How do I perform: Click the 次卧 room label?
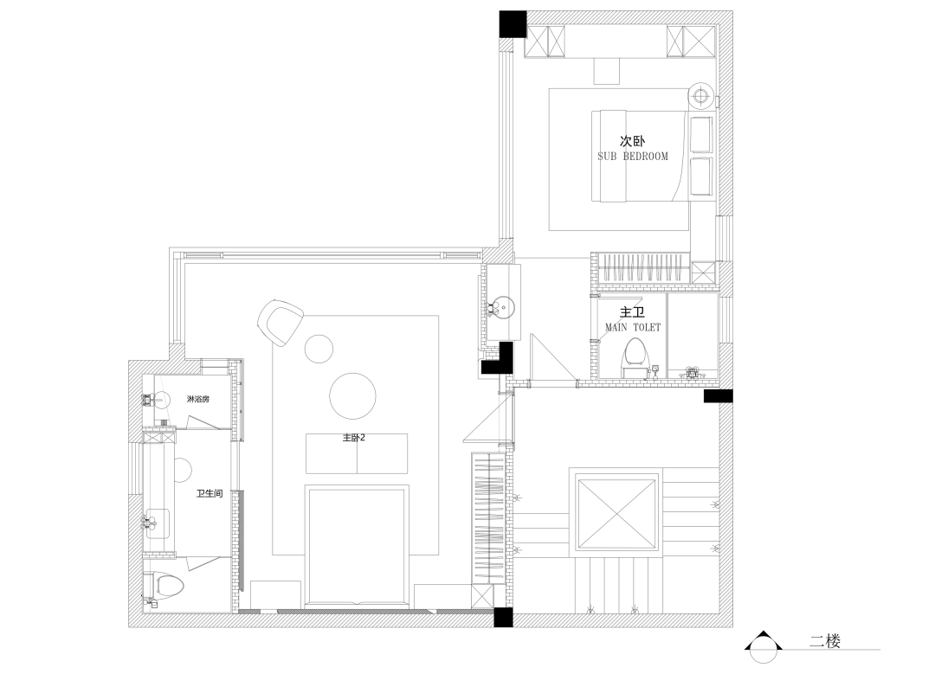point(633,141)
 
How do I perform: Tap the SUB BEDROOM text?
point(633,157)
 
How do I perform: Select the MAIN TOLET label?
point(633,327)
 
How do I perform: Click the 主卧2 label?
point(353,438)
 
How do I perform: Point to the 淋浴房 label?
point(198,399)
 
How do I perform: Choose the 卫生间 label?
point(210,493)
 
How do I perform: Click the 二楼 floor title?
point(825,641)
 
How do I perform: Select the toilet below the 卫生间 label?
point(164,586)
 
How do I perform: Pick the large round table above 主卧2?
point(353,396)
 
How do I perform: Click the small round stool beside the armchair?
point(319,349)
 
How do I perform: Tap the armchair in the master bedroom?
point(280,323)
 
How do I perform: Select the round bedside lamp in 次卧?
point(702,95)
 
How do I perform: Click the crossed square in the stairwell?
point(616,513)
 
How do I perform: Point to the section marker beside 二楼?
point(764,646)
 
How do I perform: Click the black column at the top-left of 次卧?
point(513,24)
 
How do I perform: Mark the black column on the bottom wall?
point(503,618)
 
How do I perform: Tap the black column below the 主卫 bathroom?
point(718,396)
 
